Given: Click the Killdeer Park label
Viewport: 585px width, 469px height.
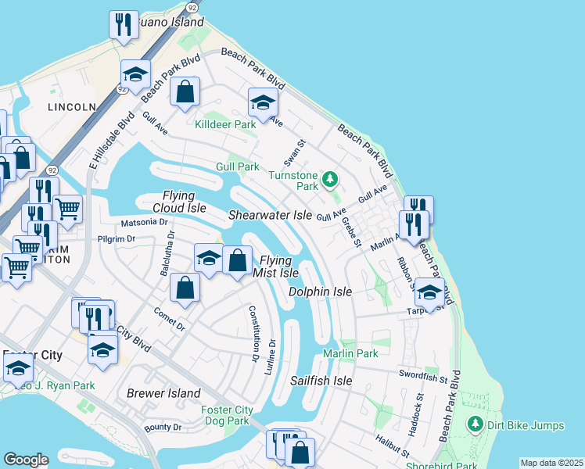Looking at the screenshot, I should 226,124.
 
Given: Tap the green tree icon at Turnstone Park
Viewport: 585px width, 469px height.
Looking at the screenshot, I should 330,180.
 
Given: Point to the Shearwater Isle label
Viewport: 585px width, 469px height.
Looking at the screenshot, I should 270,215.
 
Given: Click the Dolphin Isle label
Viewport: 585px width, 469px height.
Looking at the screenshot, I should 320,292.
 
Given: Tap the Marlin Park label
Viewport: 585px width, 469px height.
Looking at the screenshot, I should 350,354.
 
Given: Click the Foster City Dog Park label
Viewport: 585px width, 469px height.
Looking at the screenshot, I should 227,415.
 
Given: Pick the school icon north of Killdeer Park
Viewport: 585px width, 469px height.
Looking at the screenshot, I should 263,102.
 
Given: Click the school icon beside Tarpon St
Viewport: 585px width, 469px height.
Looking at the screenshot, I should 429,292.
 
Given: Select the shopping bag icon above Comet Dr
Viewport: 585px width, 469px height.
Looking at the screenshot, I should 185,288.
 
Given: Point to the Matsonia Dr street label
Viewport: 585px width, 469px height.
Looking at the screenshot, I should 144,222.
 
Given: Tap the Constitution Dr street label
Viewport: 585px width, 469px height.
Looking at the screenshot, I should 253,333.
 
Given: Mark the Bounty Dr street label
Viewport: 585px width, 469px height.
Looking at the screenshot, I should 163,428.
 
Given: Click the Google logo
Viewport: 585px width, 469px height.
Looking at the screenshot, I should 25,460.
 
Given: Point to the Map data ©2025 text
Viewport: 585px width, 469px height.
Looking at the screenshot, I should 551,463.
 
